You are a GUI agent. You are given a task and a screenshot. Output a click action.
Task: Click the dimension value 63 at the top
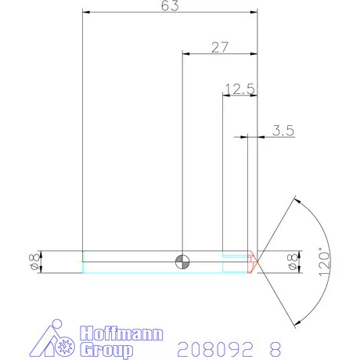[170, 6]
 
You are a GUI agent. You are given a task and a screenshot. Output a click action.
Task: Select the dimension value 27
[220, 47]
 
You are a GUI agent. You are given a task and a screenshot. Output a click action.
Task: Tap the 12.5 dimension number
[239, 88]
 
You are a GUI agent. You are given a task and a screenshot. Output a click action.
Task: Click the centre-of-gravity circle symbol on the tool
[182, 262]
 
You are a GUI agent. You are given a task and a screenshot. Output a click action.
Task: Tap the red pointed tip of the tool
[253, 261]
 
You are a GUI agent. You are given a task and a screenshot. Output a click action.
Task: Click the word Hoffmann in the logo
[121, 334]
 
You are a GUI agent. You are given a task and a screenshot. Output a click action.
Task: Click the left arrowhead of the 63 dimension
[85, 13]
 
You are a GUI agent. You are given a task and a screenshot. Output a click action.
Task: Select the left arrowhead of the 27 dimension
[185, 54]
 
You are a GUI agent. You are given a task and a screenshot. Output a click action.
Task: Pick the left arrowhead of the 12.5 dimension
[226, 95]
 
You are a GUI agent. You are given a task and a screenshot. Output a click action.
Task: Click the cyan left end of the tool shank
[82, 262]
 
